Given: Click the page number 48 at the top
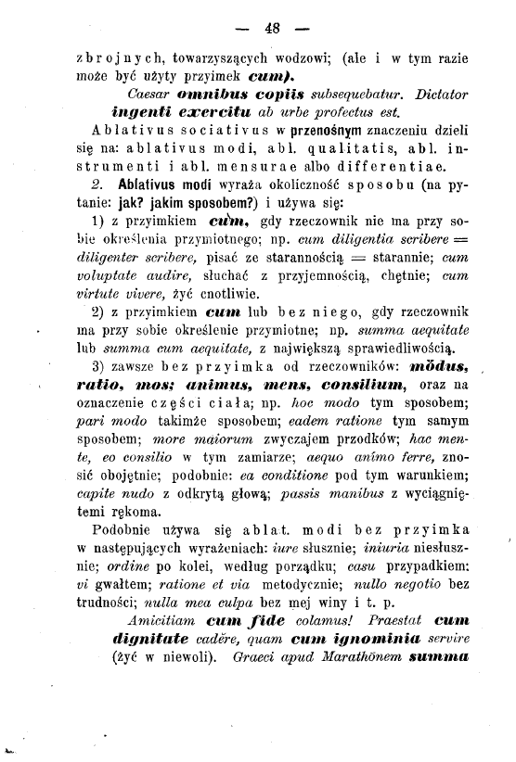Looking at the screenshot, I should tap(272, 28).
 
